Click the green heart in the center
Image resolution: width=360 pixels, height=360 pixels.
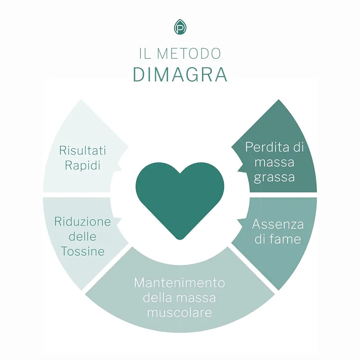180,197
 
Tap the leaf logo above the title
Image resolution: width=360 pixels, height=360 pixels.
180,27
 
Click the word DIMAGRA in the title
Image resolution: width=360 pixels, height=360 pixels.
180,75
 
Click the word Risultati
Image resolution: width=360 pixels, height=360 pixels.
82,150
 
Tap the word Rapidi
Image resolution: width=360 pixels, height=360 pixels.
82,166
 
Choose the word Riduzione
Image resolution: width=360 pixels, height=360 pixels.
83,221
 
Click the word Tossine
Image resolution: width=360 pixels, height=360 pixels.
83,251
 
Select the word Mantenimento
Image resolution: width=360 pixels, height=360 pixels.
180,283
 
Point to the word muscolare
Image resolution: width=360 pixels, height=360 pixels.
180,312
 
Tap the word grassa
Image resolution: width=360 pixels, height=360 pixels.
274,177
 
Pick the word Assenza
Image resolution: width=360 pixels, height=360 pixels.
278,224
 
